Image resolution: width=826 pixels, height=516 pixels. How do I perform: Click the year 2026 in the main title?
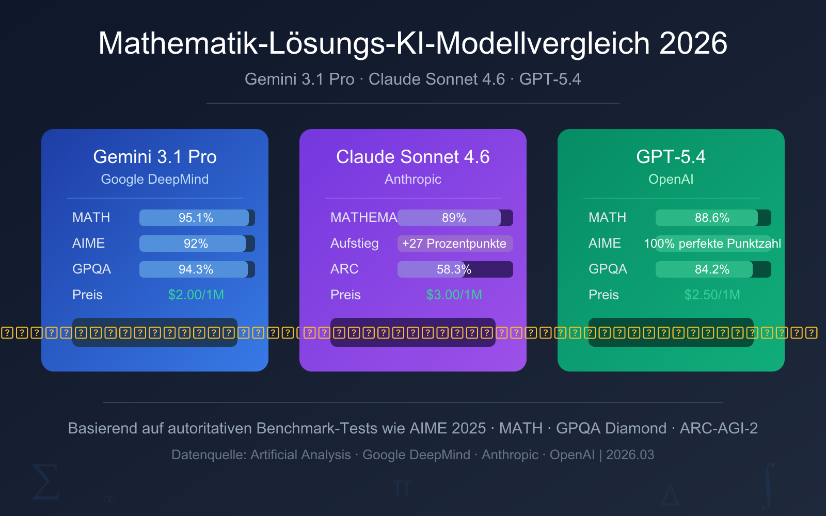(693, 43)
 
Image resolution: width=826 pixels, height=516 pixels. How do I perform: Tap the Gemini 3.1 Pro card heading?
(155, 157)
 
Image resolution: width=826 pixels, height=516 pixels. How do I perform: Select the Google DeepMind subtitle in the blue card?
(155, 179)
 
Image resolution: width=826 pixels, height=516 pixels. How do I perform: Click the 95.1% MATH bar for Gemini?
(196, 218)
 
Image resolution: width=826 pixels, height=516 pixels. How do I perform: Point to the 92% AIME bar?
(196, 244)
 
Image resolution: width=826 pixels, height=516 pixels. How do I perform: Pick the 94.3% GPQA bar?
(196, 269)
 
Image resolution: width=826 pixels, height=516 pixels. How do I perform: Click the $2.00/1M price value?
(196, 295)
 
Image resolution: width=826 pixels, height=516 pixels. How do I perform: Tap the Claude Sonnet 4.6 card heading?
(413, 157)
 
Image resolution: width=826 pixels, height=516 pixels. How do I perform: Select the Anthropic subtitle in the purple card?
(413, 179)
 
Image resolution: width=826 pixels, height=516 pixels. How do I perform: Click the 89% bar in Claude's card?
(454, 218)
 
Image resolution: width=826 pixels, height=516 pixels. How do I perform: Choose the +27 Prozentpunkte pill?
(454, 244)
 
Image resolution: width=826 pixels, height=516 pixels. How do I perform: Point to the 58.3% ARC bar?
(454, 269)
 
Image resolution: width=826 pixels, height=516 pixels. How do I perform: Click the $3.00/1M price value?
(454, 295)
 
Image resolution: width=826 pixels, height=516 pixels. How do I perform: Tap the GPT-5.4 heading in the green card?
(671, 157)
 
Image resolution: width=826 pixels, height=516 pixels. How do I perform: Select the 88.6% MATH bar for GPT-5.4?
(712, 218)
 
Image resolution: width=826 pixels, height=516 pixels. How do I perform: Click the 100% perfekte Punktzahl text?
(712, 244)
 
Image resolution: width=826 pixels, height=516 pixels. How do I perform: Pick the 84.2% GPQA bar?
(712, 269)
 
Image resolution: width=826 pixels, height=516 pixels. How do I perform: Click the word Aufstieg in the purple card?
(354, 244)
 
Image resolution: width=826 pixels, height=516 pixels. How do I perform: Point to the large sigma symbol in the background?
(45, 482)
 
